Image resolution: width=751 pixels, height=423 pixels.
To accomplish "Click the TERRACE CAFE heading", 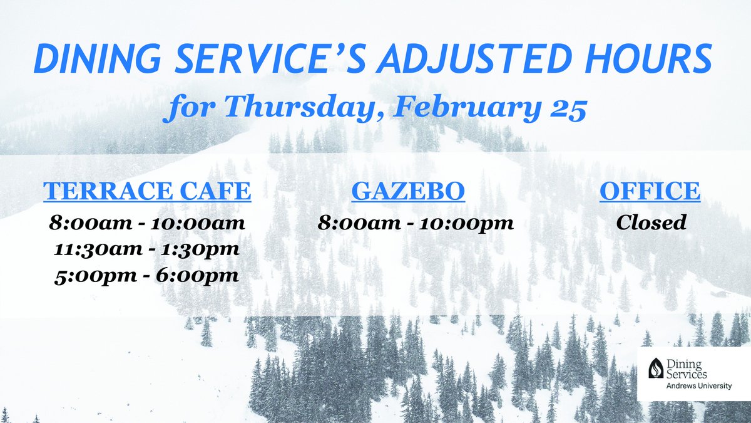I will pos(147,192).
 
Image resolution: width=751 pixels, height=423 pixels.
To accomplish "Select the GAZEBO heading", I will pos(408,192).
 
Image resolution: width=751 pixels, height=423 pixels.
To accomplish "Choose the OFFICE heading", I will pos(650,192).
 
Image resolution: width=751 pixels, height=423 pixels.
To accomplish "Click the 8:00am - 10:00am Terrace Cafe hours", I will pos(147,222).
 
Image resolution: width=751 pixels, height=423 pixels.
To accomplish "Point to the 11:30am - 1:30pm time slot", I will pos(147,249).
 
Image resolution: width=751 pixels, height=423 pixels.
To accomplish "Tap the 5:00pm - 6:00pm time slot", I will pos(147,275).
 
